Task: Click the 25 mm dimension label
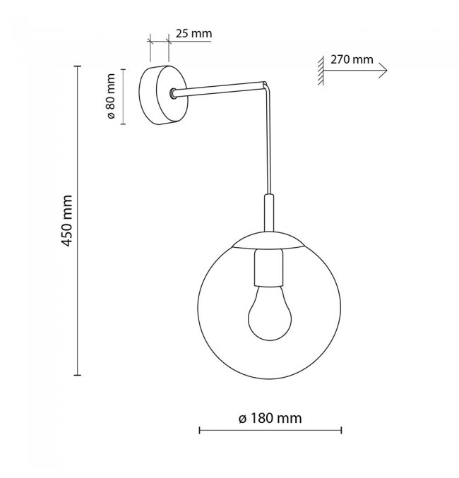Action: pos(193,33)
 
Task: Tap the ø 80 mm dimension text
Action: pos(111,96)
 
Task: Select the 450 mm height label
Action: pos(67,221)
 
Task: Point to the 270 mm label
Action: pos(352,59)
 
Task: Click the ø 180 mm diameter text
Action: pos(270,418)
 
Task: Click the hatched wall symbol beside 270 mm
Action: pos(321,71)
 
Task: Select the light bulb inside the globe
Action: pos(270,313)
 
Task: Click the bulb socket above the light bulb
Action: pos(268,268)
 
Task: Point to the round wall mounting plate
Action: pos(163,95)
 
